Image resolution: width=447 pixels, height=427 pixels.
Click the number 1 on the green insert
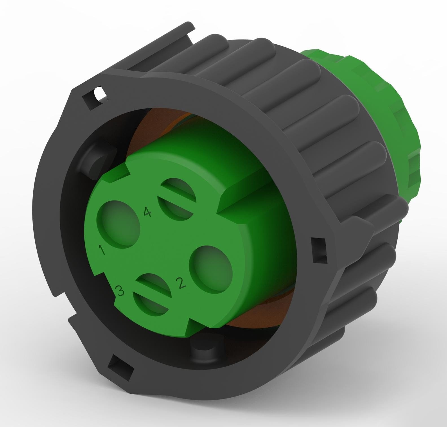click(x=102, y=250)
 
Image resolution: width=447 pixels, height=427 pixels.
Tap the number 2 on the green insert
click(x=181, y=283)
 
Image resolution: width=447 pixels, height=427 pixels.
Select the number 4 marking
click(x=147, y=212)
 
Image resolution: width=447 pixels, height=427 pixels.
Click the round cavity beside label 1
click(x=119, y=223)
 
